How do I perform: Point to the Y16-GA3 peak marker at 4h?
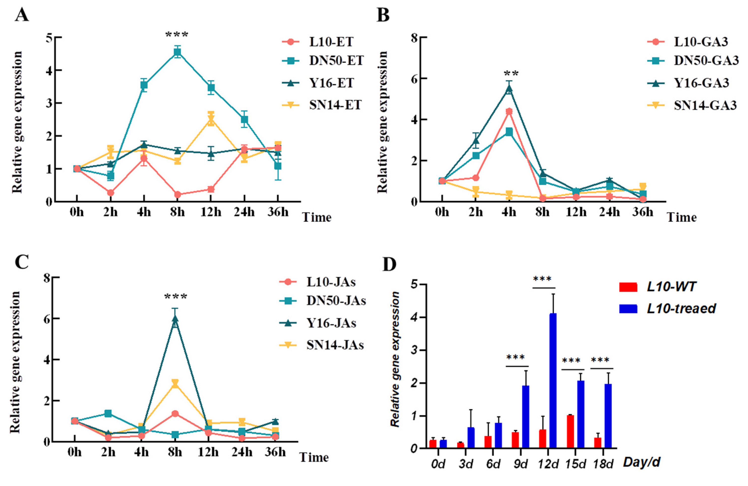pos(509,89)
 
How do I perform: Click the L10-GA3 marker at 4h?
pos(509,111)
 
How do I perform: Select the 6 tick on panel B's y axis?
pos(415,78)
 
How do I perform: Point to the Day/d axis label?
pos(641,462)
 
